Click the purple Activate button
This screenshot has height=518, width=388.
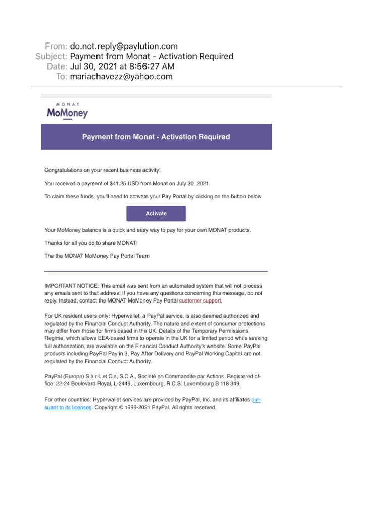[156, 213]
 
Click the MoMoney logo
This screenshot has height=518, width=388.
[67, 112]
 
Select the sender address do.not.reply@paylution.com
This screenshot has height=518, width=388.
[124, 46]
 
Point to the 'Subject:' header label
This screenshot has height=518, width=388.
[51, 56]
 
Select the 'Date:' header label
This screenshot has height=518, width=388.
[56, 66]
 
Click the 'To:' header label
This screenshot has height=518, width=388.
[61, 77]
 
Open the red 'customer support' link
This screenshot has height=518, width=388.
[200, 300]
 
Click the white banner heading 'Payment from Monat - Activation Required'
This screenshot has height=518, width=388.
[156, 137]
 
